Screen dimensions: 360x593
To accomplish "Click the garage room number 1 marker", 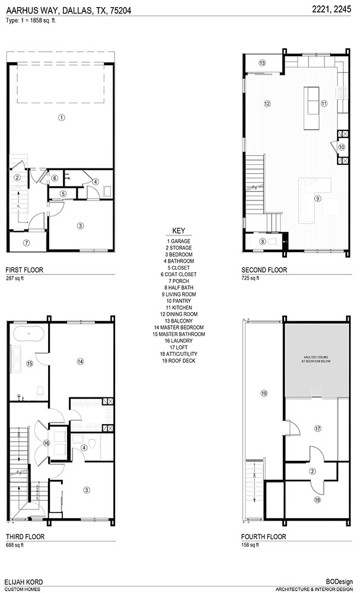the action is [x=62, y=117].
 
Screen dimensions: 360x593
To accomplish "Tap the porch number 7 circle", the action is [x=26, y=243].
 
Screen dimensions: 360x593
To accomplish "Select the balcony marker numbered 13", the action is [x=262, y=63].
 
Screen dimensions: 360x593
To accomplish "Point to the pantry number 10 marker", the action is [x=342, y=148].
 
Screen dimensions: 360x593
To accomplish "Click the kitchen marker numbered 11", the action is [x=324, y=103].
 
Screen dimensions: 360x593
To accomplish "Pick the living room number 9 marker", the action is [x=318, y=197].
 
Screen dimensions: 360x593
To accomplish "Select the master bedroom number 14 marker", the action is [x=80, y=362].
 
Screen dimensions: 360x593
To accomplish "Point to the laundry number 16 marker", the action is [x=46, y=443].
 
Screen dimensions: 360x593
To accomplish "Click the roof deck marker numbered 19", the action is [x=264, y=393].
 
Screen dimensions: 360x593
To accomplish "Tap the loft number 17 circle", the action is [x=318, y=429].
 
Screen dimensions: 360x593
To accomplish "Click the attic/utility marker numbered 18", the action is [x=317, y=499].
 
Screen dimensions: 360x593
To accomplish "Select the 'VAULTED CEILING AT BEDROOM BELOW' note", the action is [x=317, y=359].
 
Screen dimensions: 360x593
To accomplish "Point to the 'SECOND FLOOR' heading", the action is [x=265, y=270].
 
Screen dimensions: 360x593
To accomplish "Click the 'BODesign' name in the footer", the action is [x=340, y=582].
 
